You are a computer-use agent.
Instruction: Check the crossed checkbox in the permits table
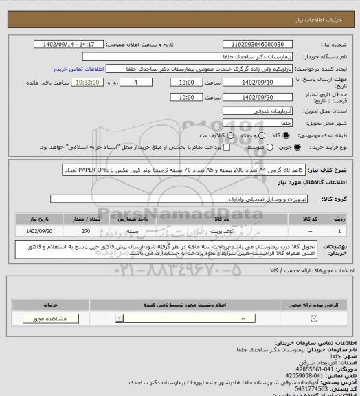(314, 318)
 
